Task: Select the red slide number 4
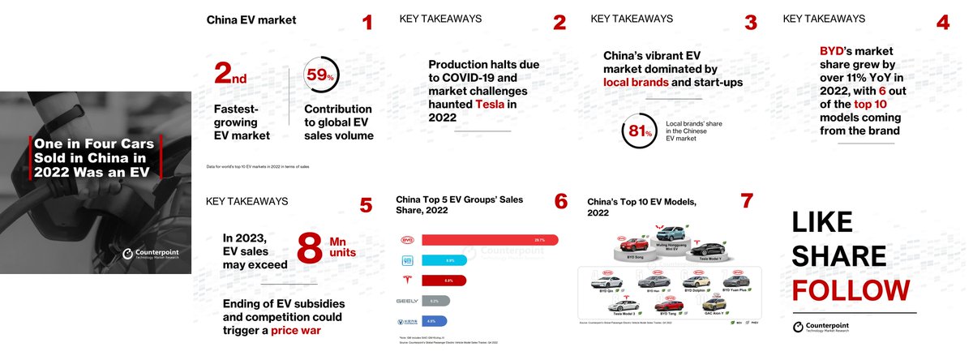coord(942,23)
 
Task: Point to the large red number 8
coord(309,248)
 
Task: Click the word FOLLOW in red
coord(851,290)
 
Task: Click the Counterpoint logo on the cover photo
coord(151,255)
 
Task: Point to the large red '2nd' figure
coord(230,75)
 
